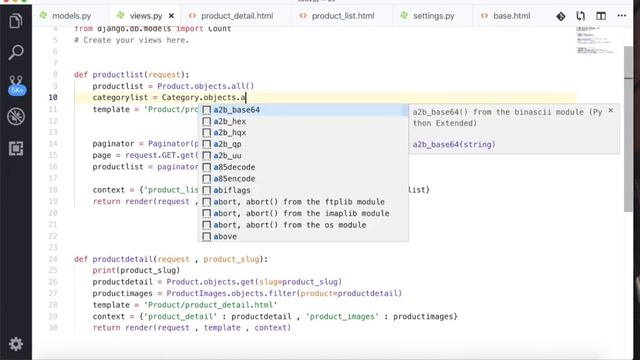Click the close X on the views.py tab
point(156,17)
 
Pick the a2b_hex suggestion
point(228,121)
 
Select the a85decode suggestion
point(236,167)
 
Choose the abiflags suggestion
point(232,190)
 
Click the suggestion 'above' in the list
point(225,237)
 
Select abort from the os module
point(292,225)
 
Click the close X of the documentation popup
point(610,109)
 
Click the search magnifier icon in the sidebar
point(16,51)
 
